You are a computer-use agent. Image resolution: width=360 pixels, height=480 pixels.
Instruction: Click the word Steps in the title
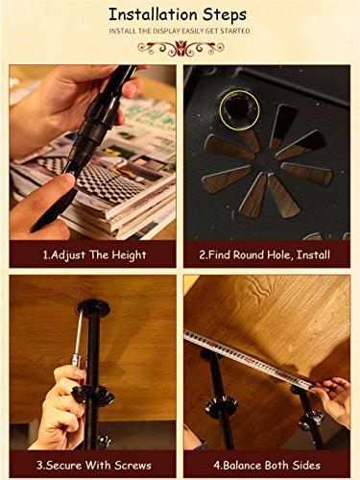click(223, 14)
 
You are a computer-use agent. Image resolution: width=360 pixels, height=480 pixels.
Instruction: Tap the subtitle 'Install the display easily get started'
click(180, 32)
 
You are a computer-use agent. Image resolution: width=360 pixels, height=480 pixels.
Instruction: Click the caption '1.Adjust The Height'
click(93, 254)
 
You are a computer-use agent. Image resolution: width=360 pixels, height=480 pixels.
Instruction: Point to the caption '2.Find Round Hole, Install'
click(266, 254)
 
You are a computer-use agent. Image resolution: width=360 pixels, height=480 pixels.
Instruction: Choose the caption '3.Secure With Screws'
click(93, 465)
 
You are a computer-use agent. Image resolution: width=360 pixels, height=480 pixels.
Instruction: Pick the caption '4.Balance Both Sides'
click(266, 465)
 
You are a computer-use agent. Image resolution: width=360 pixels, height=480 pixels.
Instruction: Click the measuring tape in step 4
click(259, 350)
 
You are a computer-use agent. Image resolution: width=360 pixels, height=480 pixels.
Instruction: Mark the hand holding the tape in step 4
click(331, 398)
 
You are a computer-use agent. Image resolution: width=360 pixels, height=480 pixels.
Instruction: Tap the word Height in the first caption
click(128, 254)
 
